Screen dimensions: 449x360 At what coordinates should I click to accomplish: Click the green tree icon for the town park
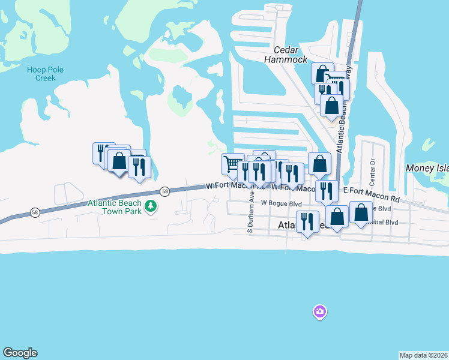pyautogui.click(x=152, y=207)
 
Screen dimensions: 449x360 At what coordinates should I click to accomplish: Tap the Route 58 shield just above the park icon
pyautogui.click(x=165, y=191)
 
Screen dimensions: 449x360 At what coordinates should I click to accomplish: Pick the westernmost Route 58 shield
pyautogui.click(x=35, y=212)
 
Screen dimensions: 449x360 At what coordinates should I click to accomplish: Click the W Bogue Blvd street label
pyautogui.click(x=281, y=204)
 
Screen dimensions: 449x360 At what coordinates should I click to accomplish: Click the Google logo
pyautogui.click(x=20, y=353)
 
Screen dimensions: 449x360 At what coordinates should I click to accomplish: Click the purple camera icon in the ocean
pyautogui.click(x=319, y=311)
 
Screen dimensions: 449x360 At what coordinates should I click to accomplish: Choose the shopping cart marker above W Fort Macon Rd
pyautogui.click(x=232, y=163)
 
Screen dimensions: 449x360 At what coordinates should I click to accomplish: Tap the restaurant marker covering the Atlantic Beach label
pyautogui.click(x=307, y=221)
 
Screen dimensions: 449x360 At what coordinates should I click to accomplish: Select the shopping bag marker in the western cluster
pyautogui.click(x=119, y=161)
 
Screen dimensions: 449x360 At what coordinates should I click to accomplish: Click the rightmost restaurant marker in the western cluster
pyautogui.click(x=139, y=166)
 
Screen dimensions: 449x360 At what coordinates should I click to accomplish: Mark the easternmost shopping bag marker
pyautogui.click(x=361, y=212)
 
